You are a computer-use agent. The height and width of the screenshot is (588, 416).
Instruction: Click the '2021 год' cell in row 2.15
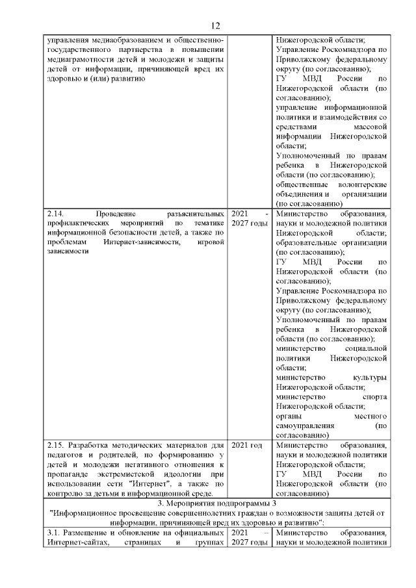(x=247, y=445)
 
